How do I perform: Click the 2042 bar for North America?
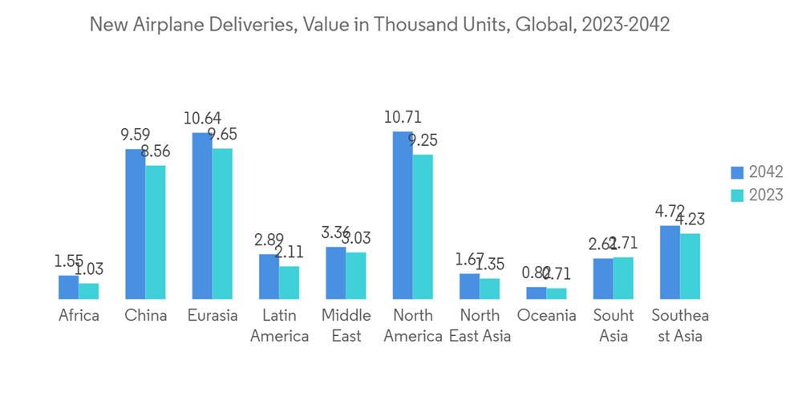403,215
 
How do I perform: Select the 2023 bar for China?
156,232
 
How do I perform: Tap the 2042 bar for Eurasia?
202,216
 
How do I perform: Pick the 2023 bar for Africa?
89,291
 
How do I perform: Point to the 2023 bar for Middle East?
356,275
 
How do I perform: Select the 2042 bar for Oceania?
537,293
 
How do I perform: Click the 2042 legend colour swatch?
737,172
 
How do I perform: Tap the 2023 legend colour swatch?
737,196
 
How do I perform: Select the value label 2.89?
269,240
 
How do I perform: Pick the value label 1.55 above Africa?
69,261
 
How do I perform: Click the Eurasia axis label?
213,316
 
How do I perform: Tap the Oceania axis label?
546,316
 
